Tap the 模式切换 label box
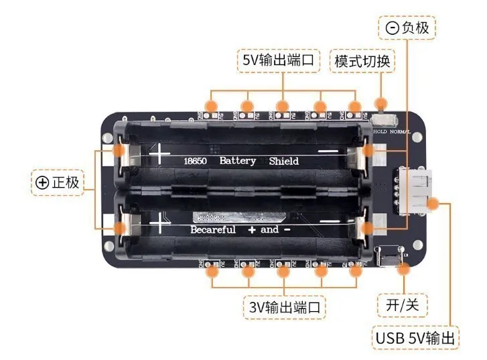click(364, 60)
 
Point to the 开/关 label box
click(403, 305)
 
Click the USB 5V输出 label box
click(415, 337)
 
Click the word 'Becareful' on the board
click(213, 230)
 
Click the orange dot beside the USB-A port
click(433, 201)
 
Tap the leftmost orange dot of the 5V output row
click(211, 105)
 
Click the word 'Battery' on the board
click(238, 161)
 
